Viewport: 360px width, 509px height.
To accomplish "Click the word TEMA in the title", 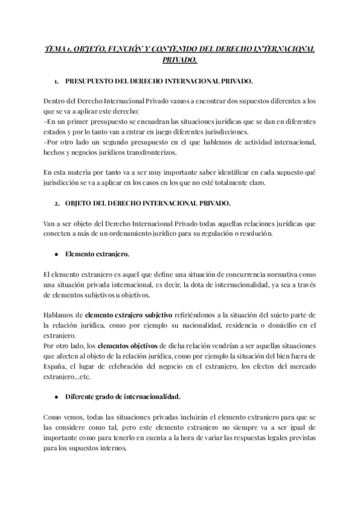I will click(x=57, y=49).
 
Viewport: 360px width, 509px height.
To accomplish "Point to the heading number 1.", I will click(x=55, y=80).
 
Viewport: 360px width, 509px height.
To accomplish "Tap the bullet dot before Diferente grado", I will click(x=56, y=397).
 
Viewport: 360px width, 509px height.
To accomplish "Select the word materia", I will click(x=80, y=172).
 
